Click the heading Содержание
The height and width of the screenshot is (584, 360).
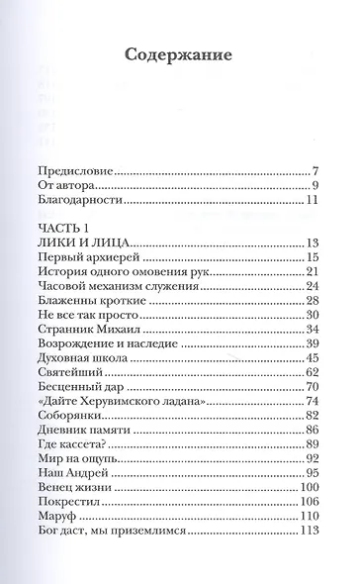click(x=179, y=54)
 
